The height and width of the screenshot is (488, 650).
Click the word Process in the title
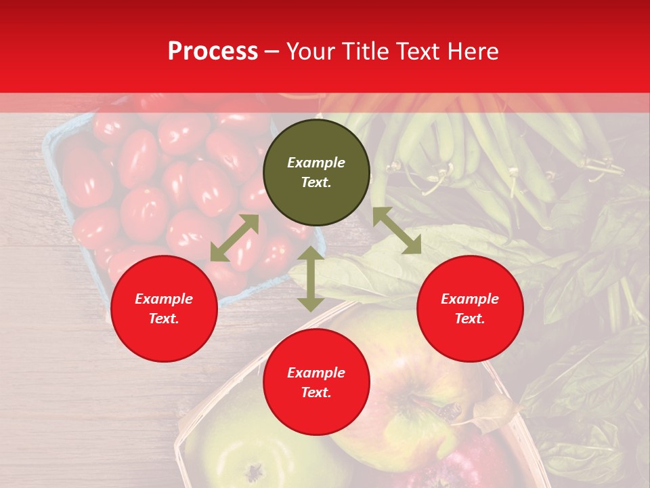click(x=213, y=52)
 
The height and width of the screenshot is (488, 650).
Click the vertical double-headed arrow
click(x=311, y=279)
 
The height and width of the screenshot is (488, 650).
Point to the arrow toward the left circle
click(x=234, y=237)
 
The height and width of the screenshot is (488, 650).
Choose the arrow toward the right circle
click(x=397, y=230)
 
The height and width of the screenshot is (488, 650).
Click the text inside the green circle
click(x=316, y=172)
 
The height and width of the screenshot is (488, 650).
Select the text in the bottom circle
click(x=316, y=382)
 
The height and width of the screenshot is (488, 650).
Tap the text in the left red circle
click(x=164, y=308)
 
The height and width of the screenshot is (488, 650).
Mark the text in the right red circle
click(x=470, y=308)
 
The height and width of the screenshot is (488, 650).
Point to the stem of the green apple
click(x=254, y=470)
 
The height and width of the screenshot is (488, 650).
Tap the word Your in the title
click(x=311, y=52)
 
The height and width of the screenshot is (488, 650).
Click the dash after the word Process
click(x=272, y=52)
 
